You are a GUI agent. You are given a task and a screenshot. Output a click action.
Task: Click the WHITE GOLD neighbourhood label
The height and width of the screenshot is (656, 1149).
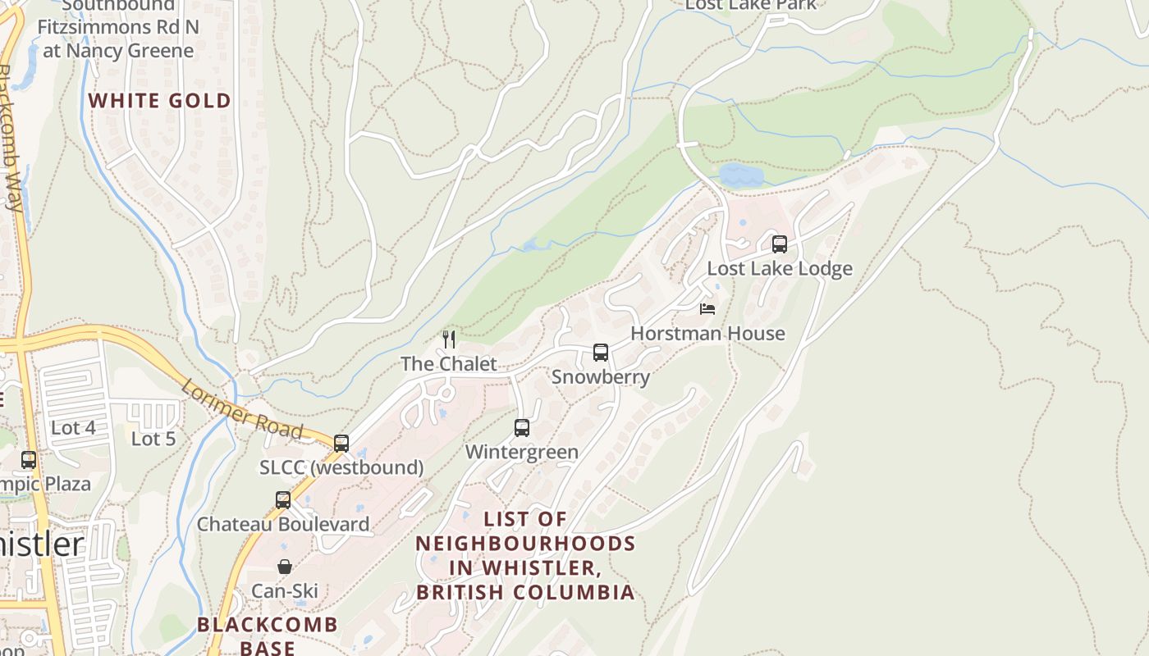click(159, 101)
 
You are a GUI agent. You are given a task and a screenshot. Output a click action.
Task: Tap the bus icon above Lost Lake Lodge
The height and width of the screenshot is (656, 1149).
click(779, 244)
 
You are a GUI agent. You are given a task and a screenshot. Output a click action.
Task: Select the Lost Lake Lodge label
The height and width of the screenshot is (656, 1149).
click(779, 268)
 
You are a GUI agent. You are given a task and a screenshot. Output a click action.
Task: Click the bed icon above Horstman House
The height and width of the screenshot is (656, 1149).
click(707, 309)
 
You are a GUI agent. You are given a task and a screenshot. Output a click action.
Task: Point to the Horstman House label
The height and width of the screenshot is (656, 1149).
click(707, 334)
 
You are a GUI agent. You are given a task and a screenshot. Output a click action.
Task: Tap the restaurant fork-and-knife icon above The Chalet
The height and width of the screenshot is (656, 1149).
click(449, 339)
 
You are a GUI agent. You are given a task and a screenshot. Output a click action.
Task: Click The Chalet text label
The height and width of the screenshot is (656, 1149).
click(449, 363)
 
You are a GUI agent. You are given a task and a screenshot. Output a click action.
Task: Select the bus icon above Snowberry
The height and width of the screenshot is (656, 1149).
click(601, 353)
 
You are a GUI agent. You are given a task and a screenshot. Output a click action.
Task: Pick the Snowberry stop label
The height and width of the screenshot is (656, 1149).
click(601, 377)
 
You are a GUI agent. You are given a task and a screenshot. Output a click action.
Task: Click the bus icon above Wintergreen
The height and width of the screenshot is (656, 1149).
click(522, 427)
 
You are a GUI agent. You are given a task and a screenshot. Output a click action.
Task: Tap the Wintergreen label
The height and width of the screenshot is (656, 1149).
click(522, 452)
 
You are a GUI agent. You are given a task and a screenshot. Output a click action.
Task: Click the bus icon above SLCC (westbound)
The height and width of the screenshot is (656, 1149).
click(341, 444)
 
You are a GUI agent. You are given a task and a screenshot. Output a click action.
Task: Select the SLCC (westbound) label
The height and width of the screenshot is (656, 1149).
click(341, 468)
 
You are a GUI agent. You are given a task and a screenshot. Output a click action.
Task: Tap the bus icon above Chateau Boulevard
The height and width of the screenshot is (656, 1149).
click(283, 499)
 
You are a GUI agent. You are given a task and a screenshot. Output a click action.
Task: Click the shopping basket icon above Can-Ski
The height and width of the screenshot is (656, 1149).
click(285, 567)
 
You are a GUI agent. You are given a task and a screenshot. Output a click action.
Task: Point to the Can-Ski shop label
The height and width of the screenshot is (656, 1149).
click(285, 591)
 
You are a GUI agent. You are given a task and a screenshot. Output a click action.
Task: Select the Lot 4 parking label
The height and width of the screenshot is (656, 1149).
click(73, 428)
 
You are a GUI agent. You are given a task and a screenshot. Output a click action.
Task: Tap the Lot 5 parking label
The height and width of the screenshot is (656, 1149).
click(153, 439)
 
